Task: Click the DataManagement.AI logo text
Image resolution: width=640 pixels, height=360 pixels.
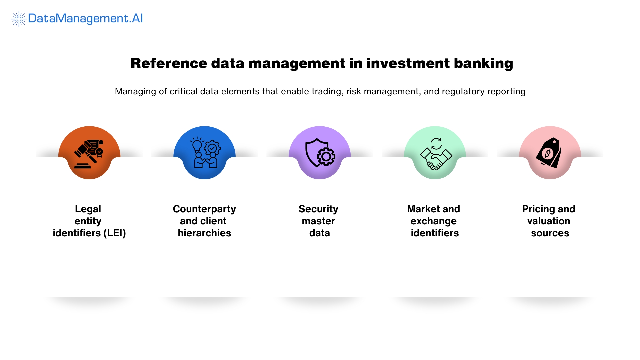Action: pyautogui.click(x=85, y=18)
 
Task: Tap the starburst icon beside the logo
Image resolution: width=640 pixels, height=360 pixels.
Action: pyautogui.click(x=19, y=19)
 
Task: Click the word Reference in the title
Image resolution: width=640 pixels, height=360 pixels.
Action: pyautogui.click(x=169, y=63)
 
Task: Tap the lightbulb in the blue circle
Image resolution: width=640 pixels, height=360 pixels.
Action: pyautogui.click(x=197, y=145)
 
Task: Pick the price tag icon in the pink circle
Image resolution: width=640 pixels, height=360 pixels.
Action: pyautogui.click(x=549, y=153)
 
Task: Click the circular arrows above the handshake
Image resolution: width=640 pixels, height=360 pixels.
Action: pyautogui.click(x=436, y=144)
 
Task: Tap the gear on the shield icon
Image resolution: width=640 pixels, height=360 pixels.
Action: pyautogui.click(x=326, y=157)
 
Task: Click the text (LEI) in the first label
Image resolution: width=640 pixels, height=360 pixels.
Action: pyautogui.click(x=114, y=233)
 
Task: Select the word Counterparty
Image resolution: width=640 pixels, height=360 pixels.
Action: pyautogui.click(x=204, y=209)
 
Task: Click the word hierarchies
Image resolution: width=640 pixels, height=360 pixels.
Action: pyautogui.click(x=204, y=233)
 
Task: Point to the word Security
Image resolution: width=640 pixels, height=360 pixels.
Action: pyautogui.click(x=318, y=209)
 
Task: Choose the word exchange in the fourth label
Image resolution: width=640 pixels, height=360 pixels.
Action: pyautogui.click(x=433, y=221)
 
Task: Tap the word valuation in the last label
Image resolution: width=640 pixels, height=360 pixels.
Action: pyautogui.click(x=549, y=221)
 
